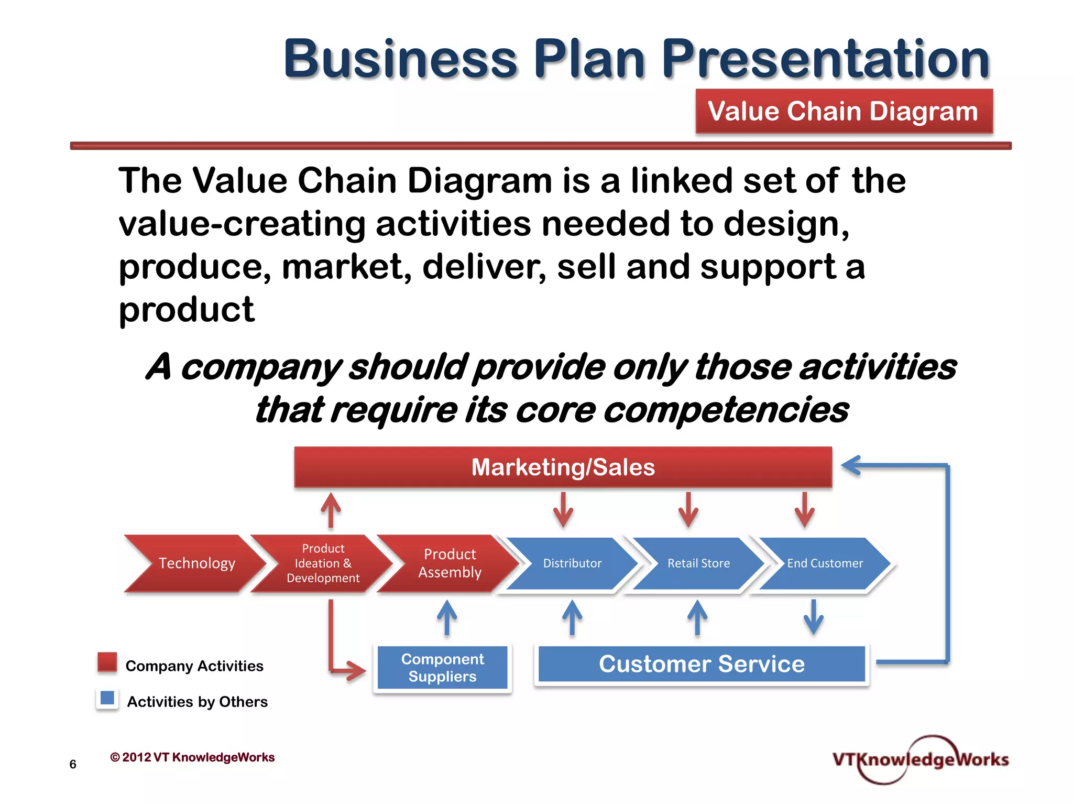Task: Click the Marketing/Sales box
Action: (x=563, y=467)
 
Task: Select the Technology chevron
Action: (x=196, y=563)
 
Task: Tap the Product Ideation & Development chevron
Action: (x=323, y=563)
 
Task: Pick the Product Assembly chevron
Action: (x=450, y=563)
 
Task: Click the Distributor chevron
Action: (x=572, y=563)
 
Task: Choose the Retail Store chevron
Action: (x=698, y=563)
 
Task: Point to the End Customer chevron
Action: (x=825, y=563)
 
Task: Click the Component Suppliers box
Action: (x=442, y=668)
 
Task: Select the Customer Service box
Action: (x=702, y=664)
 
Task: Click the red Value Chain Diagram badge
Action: (x=844, y=111)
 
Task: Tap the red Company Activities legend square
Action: (x=107, y=662)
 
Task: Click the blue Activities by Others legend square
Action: (x=107, y=698)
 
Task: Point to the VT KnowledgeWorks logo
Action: (x=920, y=759)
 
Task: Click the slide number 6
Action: (x=73, y=764)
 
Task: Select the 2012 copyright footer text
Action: (x=192, y=757)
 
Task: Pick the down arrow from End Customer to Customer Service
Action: (x=813, y=617)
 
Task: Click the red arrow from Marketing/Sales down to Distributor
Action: (x=563, y=509)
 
